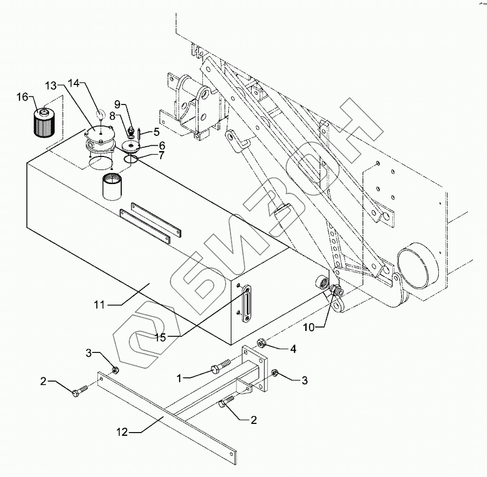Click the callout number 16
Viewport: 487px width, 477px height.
(x=23, y=97)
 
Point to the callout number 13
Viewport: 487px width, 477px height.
(x=51, y=86)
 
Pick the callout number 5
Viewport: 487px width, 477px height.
(x=156, y=132)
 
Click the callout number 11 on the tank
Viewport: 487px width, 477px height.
(x=100, y=305)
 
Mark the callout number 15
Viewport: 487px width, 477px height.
(x=161, y=337)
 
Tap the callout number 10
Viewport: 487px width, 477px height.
(x=310, y=327)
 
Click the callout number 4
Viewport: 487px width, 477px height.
(x=293, y=349)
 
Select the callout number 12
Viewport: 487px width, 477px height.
(x=122, y=432)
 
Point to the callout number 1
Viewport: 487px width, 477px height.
(x=179, y=378)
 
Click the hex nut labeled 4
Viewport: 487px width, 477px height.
(x=261, y=343)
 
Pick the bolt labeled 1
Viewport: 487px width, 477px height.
(x=221, y=366)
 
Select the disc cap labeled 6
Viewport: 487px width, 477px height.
(x=131, y=147)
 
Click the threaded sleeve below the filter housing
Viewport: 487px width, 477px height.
(x=112, y=186)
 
